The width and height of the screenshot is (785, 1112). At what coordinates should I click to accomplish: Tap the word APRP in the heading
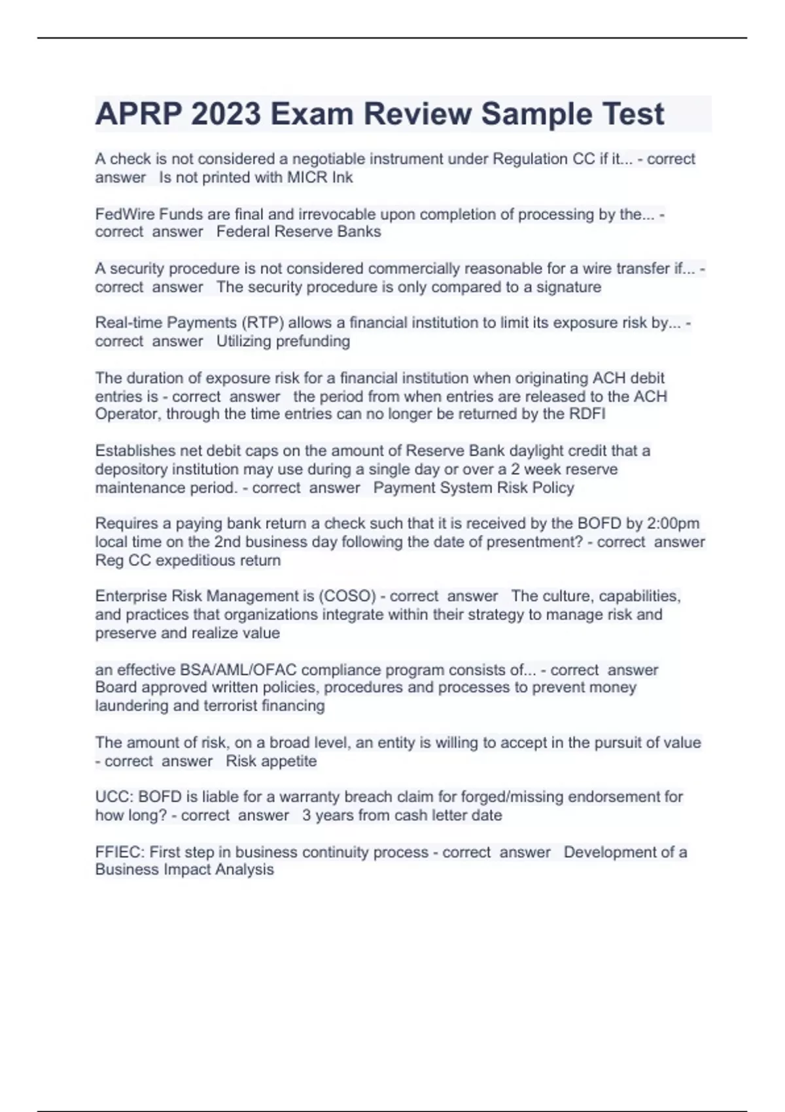click(x=138, y=114)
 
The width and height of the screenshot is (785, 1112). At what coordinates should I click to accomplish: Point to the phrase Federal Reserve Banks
click(x=298, y=232)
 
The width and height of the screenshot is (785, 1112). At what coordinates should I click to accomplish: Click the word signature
click(x=568, y=287)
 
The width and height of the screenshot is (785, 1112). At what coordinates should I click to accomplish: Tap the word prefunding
click(x=313, y=341)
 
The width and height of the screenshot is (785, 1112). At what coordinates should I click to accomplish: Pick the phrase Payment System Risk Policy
click(x=474, y=488)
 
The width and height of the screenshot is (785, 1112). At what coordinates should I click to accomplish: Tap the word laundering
click(x=131, y=706)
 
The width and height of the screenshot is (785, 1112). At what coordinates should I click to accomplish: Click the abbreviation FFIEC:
click(x=120, y=852)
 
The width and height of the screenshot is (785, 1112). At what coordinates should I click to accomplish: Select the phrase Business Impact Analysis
click(x=184, y=870)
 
